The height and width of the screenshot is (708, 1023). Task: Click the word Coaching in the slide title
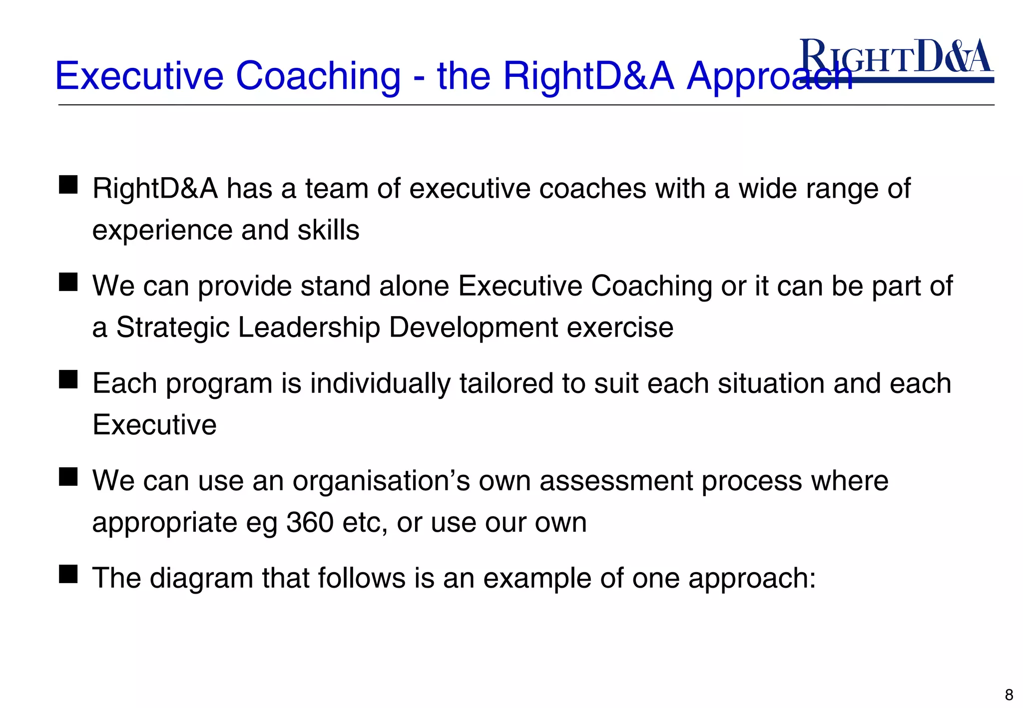pos(318,76)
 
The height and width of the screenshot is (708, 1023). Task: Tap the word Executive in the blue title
pos(139,76)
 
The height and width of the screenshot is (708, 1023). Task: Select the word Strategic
pos(173,328)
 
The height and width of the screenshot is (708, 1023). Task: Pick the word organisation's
pos(381,481)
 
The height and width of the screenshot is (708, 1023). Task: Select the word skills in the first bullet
pos(328,230)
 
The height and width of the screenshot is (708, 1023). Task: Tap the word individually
pos(380,383)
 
